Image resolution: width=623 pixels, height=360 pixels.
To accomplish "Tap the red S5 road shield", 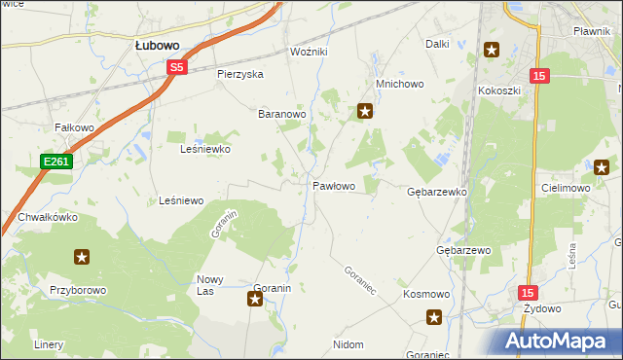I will pos(175,67).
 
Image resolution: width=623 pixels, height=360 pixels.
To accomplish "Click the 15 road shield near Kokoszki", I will pos(539,75).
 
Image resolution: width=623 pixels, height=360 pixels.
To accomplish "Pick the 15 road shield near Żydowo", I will pos(527,291).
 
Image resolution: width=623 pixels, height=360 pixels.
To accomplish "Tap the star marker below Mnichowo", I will pos(366,111).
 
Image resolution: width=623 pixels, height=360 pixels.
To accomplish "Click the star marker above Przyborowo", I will pos(82,257).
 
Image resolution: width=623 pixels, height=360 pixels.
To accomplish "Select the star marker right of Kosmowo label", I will pos(434,316).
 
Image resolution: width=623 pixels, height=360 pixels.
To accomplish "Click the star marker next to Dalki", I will pos(491,51).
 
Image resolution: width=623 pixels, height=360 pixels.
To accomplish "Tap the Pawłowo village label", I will pos(333,185).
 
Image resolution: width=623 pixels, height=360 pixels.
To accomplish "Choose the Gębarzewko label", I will pos(436,193).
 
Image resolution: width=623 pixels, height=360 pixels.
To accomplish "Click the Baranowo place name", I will pos(282,114).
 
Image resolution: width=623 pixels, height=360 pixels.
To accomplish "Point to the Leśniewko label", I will pos(205,150).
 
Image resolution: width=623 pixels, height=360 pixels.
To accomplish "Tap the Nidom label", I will pos(348,344).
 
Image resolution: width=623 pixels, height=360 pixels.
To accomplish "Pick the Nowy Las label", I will pos(211,285).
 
